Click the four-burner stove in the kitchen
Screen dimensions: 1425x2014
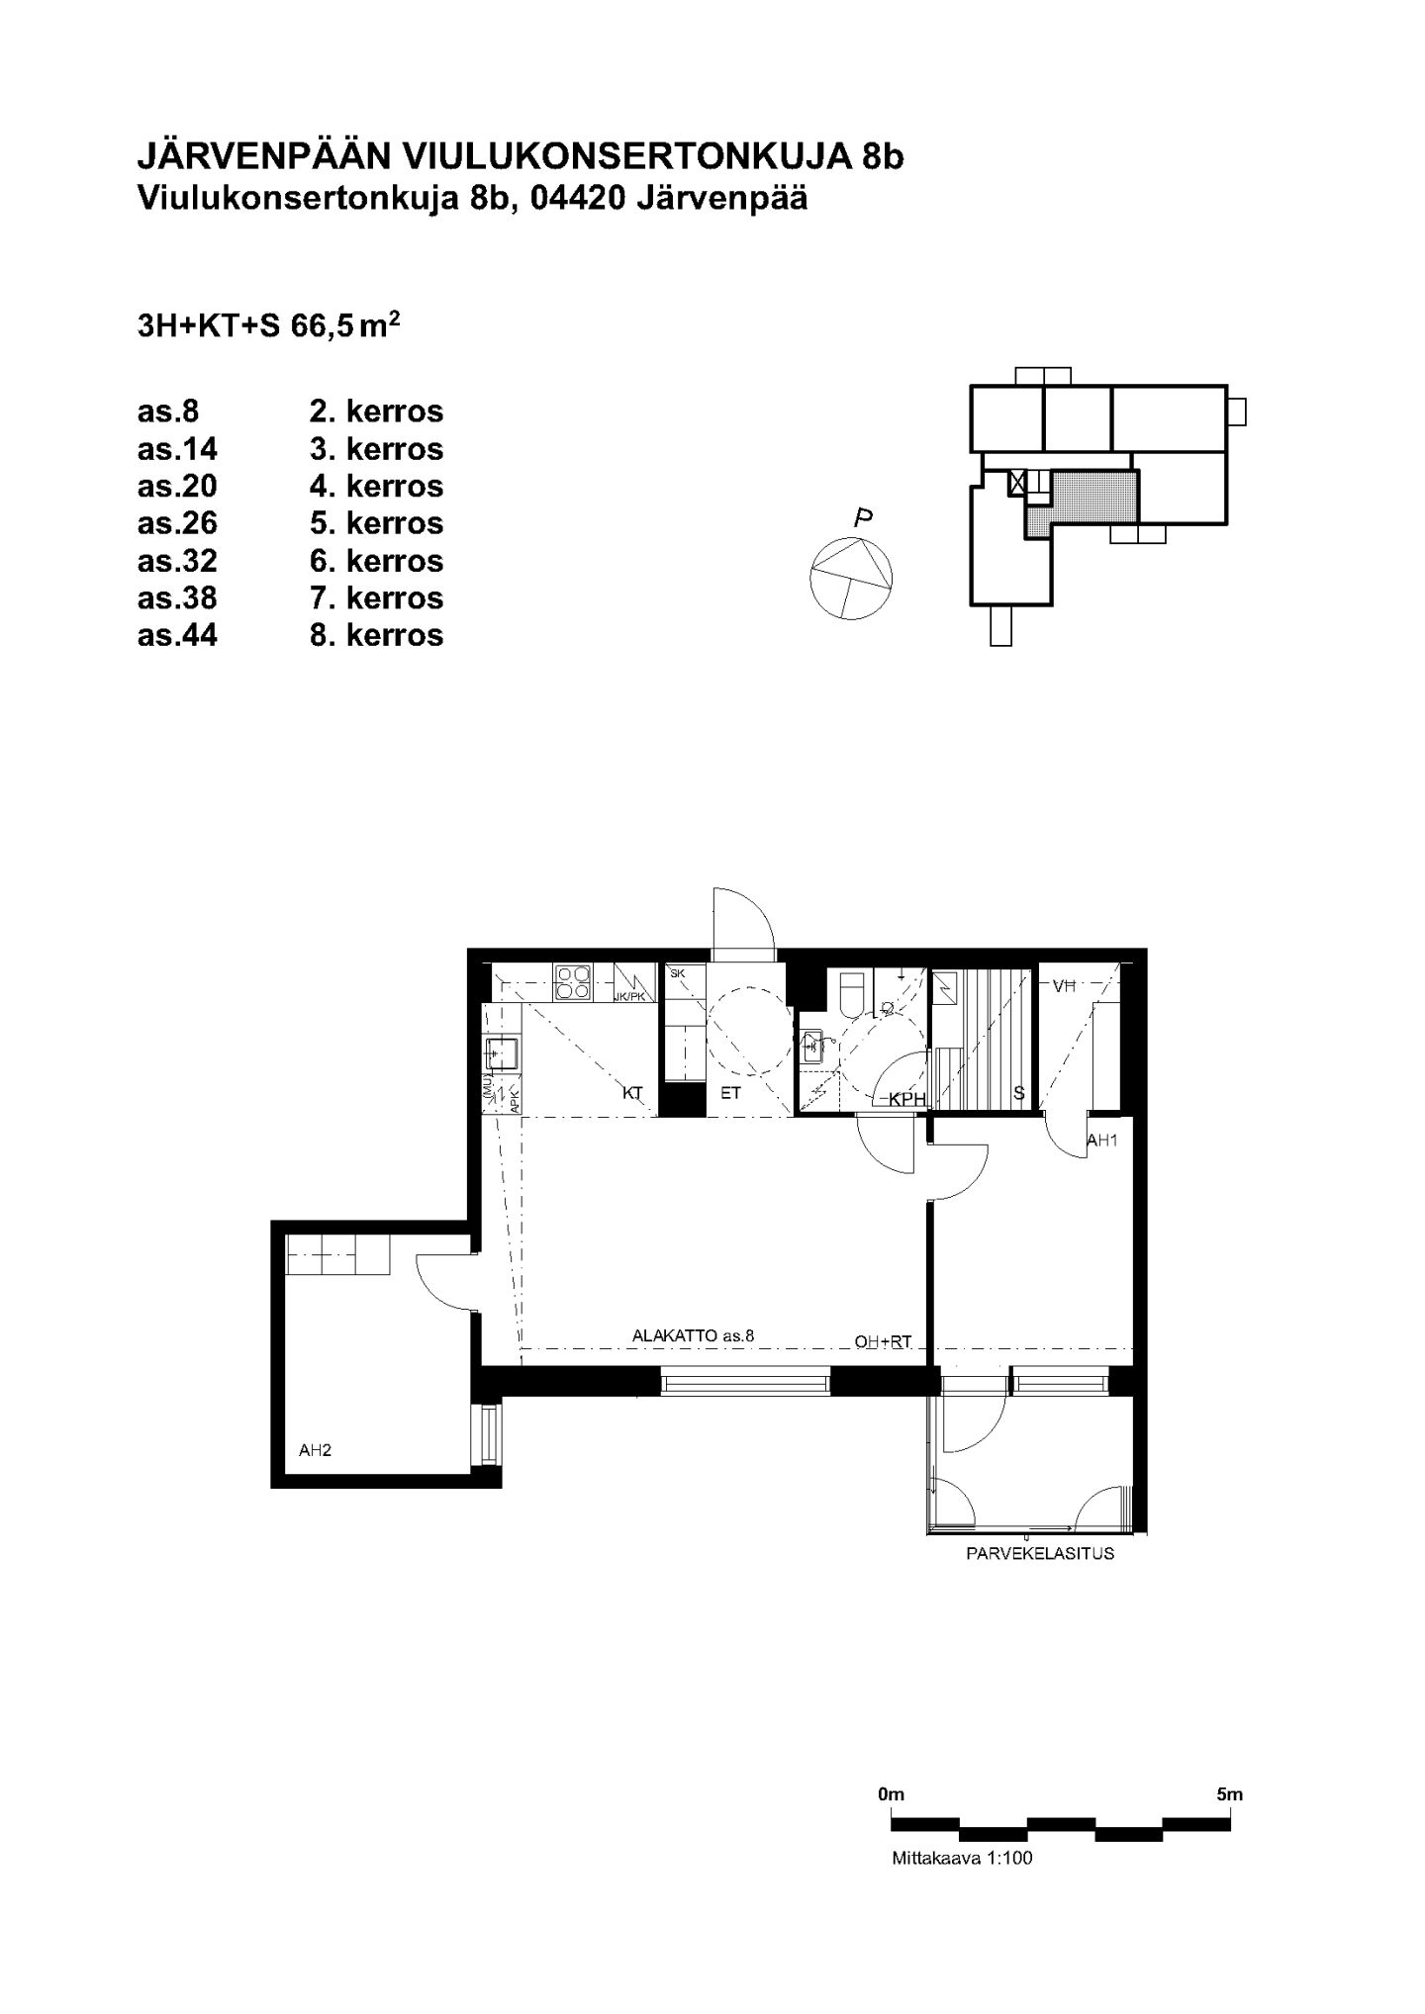[x=573, y=982]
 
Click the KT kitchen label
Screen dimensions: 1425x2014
[x=633, y=1093]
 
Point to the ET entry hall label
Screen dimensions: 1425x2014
[x=730, y=1093]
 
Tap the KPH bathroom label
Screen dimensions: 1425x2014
[x=906, y=1099]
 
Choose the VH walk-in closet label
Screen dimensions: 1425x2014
[x=1064, y=985]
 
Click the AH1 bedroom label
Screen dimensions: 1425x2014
[x=1102, y=1140]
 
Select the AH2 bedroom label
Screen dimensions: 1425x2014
[x=315, y=1450]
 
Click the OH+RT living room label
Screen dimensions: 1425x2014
[x=883, y=1342]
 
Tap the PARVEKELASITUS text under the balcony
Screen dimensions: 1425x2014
[x=1040, y=1553]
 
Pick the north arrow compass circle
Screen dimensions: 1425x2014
[x=851, y=578]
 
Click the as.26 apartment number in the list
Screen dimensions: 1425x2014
[x=177, y=522]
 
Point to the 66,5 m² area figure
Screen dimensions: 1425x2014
[x=345, y=325]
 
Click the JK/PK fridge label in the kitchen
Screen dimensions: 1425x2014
[x=629, y=996]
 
